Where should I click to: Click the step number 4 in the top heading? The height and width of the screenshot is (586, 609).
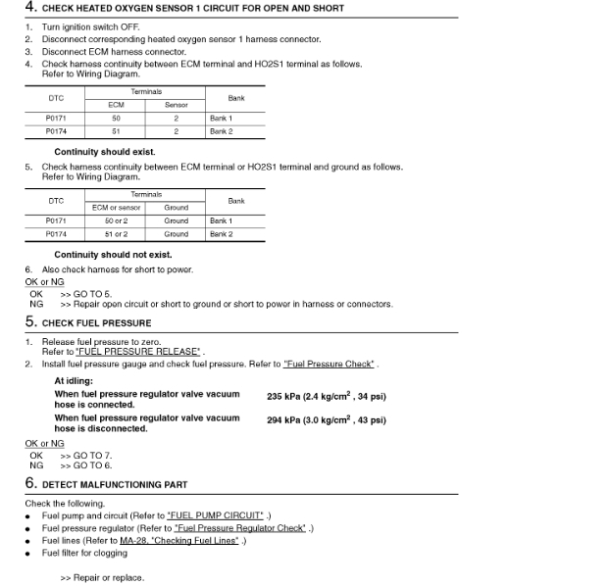point(29,8)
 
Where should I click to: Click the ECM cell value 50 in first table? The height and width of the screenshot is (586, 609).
point(116,118)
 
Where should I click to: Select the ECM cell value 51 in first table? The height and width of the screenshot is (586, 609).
point(116,130)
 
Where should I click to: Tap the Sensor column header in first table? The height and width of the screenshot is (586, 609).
point(177,104)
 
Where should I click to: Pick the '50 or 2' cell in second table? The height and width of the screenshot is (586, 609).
point(116,220)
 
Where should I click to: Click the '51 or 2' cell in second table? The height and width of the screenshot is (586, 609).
point(116,234)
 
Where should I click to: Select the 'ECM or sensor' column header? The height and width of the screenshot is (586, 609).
point(116,207)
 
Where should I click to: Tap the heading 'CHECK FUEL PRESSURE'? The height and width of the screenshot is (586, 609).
point(96,323)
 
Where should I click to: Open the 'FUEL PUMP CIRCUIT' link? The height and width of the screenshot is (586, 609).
point(216,514)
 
